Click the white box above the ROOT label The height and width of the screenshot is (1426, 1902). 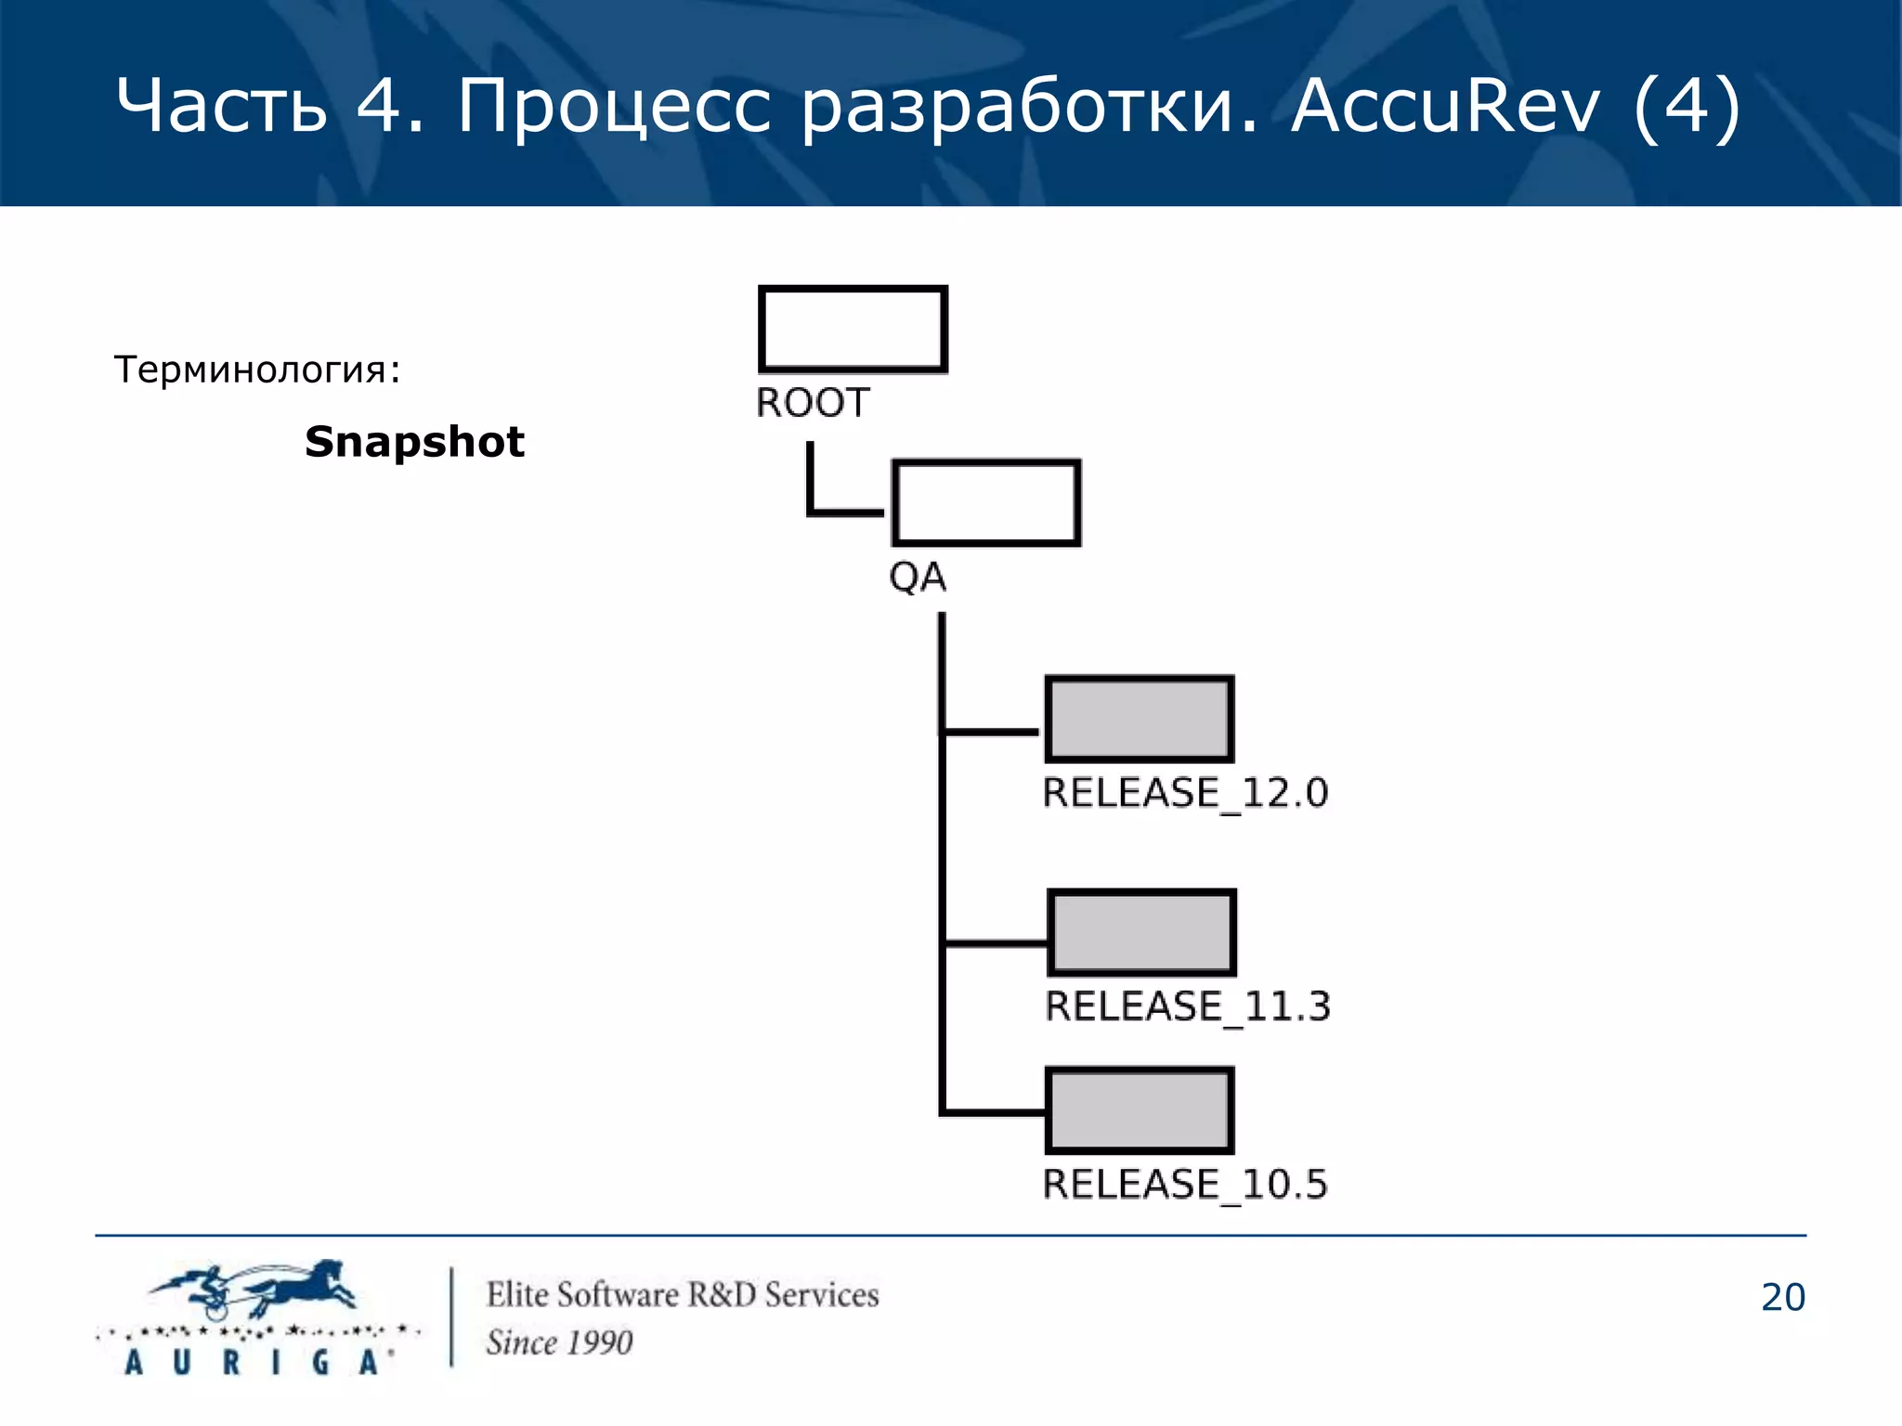click(x=853, y=329)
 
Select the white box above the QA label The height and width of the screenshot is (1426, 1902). click(x=985, y=502)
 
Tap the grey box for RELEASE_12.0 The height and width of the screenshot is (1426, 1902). click(x=1140, y=719)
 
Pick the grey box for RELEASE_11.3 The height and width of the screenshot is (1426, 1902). click(x=1141, y=932)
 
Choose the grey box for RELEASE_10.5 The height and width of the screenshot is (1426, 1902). click(x=1140, y=1110)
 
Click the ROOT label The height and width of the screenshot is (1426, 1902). click(x=813, y=403)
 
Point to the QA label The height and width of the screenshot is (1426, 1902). click(x=918, y=577)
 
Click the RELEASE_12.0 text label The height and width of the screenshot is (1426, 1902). click(x=1185, y=794)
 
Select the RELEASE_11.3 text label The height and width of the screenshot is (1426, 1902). click(x=1188, y=1006)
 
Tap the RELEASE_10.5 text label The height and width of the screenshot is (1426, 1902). click(x=1185, y=1185)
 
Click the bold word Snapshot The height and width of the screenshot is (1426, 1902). click(x=414, y=442)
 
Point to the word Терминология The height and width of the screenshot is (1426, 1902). click(x=251, y=370)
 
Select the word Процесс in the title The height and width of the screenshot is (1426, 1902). click(x=613, y=107)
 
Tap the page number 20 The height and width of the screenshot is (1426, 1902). click(x=1782, y=1297)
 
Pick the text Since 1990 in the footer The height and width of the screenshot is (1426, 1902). click(x=559, y=1342)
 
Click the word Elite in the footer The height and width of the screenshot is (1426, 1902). click(x=520, y=1294)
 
